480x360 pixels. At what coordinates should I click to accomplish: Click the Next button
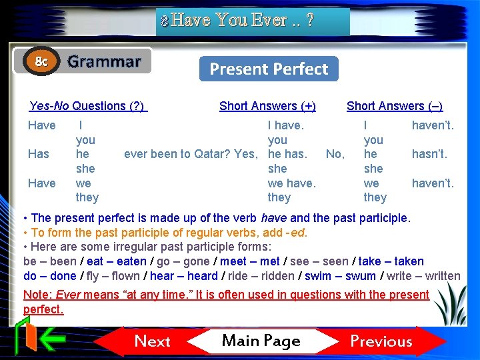[153, 341]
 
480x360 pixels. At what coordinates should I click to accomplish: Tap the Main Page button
[261, 341]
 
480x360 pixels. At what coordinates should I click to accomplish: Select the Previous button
[381, 341]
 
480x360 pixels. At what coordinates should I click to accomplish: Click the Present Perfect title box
[269, 69]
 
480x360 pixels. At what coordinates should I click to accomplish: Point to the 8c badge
[41, 62]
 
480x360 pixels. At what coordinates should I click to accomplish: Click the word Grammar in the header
[105, 62]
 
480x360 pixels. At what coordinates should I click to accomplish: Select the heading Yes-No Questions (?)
[87, 106]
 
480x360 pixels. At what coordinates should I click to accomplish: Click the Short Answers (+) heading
[267, 106]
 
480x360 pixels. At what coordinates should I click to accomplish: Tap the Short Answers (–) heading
[394, 106]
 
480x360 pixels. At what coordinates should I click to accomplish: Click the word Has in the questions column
[39, 154]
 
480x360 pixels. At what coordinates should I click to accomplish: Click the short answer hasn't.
[429, 154]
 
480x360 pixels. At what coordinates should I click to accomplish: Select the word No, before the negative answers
[335, 154]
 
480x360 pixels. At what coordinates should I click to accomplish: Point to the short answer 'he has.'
[287, 154]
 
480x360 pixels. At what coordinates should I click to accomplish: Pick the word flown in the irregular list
[125, 276]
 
